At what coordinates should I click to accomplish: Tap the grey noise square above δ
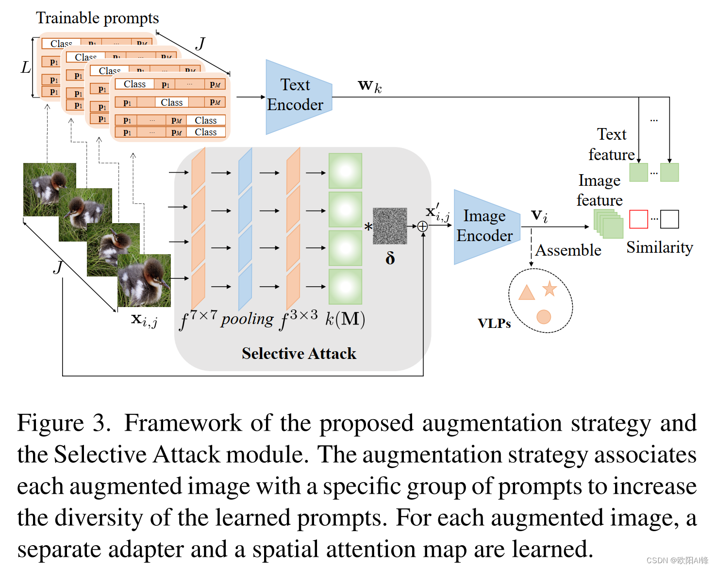coord(390,226)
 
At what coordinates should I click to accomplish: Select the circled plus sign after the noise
coord(422,227)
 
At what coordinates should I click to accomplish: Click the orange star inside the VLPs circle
coord(549,289)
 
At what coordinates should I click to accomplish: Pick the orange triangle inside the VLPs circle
coord(526,293)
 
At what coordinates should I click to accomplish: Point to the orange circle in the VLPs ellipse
coord(544,317)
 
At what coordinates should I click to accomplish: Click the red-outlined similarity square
coord(638,219)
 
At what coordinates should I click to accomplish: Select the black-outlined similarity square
coord(669,219)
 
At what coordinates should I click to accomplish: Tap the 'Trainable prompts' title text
coord(97,18)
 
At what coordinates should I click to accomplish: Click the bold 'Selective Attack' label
coord(299,353)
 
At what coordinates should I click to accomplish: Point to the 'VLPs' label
coord(494,324)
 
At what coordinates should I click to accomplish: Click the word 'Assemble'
coord(568,250)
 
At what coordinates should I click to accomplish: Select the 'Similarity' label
coord(659,247)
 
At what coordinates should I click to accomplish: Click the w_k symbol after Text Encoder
coord(369,86)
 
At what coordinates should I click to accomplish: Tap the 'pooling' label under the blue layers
coord(247,319)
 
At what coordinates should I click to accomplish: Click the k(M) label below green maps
coord(345,319)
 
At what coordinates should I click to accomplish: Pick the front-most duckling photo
coord(144,280)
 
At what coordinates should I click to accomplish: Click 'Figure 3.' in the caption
coord(64,423)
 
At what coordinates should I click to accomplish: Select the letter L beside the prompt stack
coord(26,67)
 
